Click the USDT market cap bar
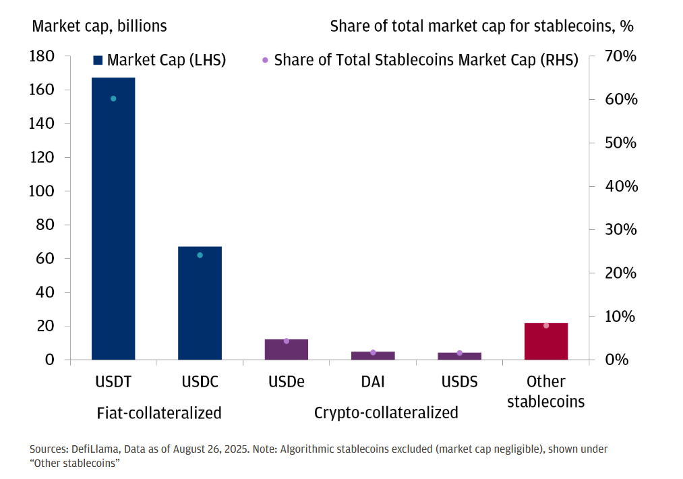tap(113, 223)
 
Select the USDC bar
tap(200, 304)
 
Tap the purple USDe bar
tap(286, 350)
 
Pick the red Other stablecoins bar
tap(546, 342)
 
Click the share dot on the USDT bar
tap(113, 98)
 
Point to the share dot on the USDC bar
tap(200, 255)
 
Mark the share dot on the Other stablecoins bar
tap(546, 326)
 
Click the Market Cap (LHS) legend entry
tap(159, 60)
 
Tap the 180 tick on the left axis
tap(42, 57)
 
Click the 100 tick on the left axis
tap(42, 192)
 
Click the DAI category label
tap(373, 382)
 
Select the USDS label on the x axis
tap(459, 382)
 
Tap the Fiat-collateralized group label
tap(159, 412)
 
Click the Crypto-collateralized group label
tap(386, 412)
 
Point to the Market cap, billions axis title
tap(99, 26)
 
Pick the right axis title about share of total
tap(481, 26)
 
